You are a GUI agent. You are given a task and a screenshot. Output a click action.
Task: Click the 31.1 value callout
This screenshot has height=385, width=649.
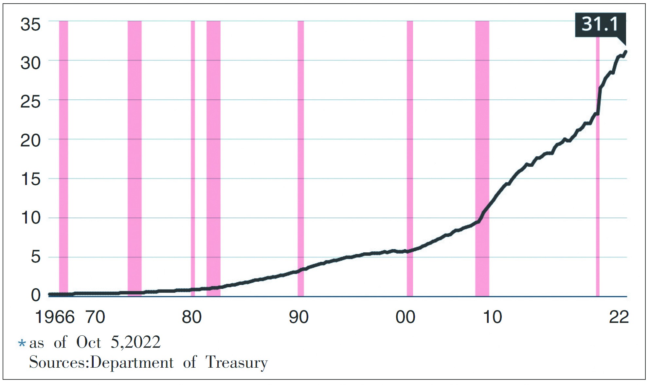(x=600, y=25)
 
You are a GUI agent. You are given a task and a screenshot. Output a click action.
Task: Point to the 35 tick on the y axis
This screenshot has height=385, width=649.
(x=30, y=25)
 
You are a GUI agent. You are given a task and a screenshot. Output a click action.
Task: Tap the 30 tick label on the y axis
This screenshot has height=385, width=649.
(x=30, y=63)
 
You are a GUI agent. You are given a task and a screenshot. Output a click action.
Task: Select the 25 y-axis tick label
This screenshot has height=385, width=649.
(x=30, y=102)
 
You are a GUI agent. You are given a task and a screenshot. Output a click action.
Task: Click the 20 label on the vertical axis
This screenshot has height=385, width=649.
(x=30, y=141)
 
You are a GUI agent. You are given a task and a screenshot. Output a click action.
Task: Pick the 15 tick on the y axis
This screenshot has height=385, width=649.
(x=30, y=179)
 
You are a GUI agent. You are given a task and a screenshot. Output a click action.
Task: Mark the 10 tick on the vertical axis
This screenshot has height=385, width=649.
(x=30, y=218)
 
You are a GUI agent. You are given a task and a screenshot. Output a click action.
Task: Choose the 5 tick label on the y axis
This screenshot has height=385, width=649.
(x=35, y=257)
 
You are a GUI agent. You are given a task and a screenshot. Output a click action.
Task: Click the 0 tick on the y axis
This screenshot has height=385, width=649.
(x=35, y=295)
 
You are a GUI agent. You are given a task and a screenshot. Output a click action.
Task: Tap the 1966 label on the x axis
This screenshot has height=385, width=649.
(x=55, y=317)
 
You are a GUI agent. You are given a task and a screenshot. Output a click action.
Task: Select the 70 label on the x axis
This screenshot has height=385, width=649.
(x=95, y=317)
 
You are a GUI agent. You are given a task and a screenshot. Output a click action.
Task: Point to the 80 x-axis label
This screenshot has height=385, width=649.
(x=191, y=317)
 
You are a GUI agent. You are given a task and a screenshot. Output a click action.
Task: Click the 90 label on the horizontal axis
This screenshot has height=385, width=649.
(x=298, y=317)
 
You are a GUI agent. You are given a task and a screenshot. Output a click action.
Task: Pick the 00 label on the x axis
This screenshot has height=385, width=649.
(x=405, y=317)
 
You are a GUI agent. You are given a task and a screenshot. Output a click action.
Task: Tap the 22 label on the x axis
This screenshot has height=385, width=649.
(x=619, y=317)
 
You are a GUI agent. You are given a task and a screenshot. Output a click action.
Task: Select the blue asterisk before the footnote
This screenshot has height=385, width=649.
(x=22, y=343)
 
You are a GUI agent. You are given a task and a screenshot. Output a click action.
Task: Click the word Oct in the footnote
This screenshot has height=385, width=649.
(x=88, y=343)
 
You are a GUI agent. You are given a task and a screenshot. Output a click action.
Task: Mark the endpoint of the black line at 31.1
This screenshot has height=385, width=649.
(x=625, y=52)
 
